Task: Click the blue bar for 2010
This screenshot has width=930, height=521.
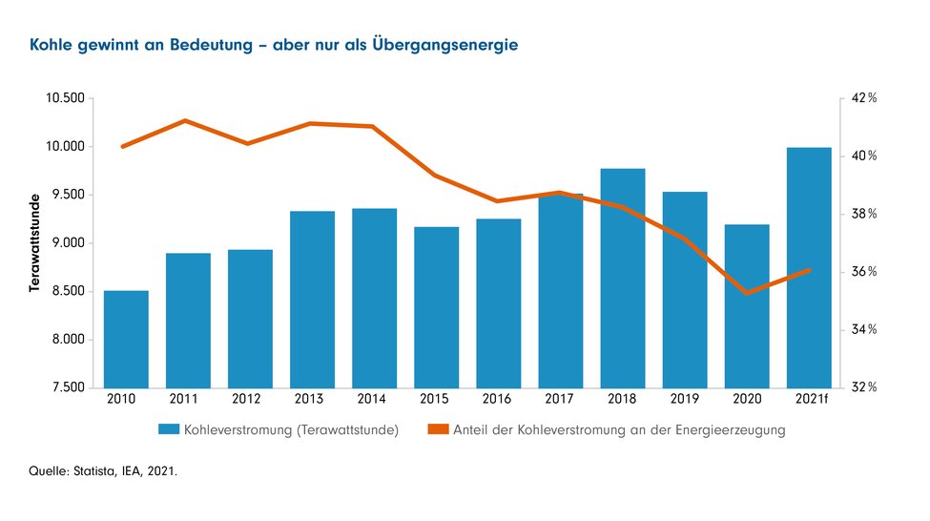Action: pyautogui.click(x=126, y=339)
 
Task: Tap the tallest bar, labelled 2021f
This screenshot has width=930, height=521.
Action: pyautogui.click(x=809, y=267)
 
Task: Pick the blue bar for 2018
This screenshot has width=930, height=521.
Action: pyautogui.click(x=622, y=278)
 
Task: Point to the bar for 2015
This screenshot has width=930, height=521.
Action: pyautogui.click(x=436, y=306)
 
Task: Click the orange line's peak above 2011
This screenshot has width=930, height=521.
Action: pyautogui.click(x=186, y=120)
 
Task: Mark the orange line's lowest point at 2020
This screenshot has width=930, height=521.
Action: pyautogui.click(x=746, y=292)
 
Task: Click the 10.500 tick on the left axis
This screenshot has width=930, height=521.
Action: pyautogui.click(x=64, y=98)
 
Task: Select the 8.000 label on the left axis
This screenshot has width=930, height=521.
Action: pyautogui.click(x=68, y=340)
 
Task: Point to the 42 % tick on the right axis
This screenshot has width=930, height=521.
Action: pyautogui.click(x=864, y=98)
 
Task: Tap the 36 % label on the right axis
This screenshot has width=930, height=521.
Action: pyautogui.click(x=864, y=272)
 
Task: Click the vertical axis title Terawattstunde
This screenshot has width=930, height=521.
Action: pyautogui.click(x=34, y=242)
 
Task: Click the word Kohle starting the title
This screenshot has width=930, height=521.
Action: pyautogui.click(x=50, y=45)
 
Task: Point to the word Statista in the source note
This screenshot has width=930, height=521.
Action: pyautogui.click(x=96, y=469)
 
